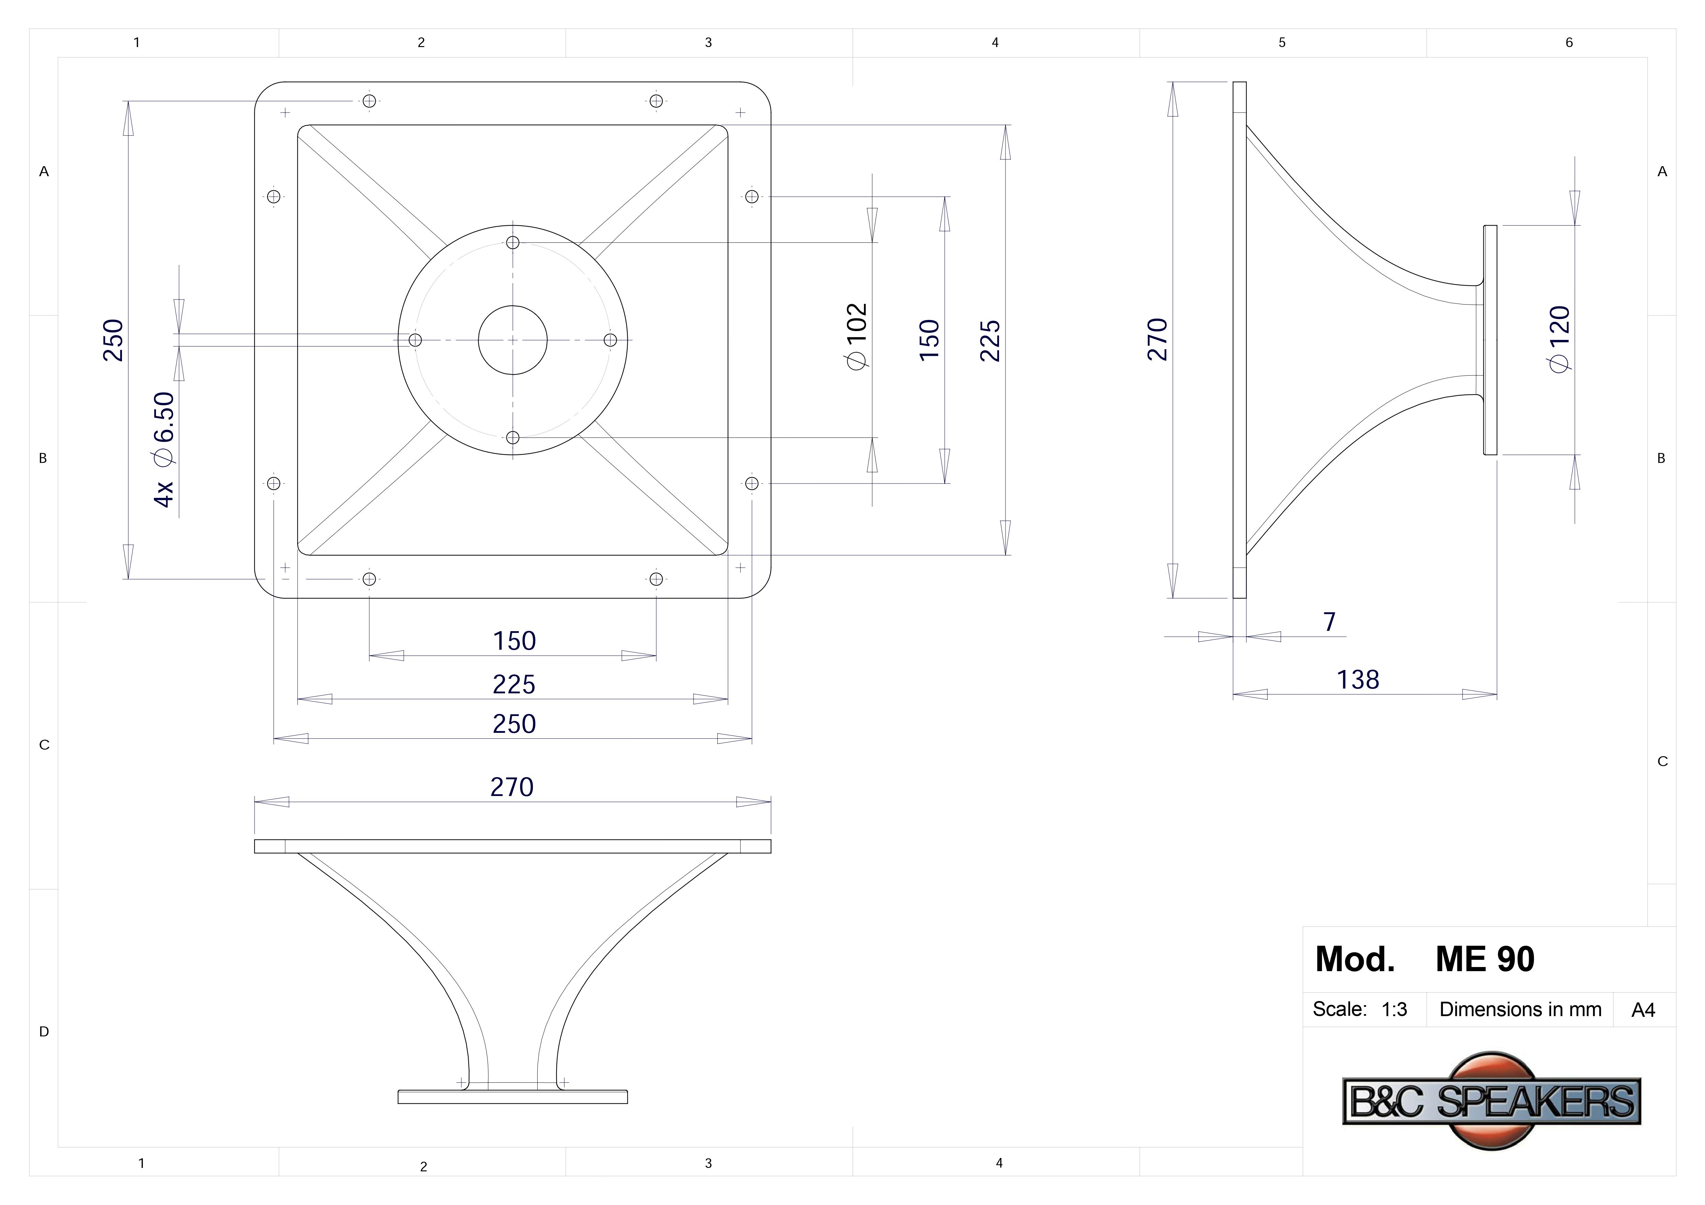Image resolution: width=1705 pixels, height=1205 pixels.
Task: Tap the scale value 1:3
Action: pos(1394,1010)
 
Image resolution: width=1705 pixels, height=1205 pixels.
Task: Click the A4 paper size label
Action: pos(1642,1011)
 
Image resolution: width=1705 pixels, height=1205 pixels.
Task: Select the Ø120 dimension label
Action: pos(1559,339)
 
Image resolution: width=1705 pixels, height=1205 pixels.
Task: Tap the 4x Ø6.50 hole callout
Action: pos(164,449)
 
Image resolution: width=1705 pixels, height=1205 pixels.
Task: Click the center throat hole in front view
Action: pos(512,340)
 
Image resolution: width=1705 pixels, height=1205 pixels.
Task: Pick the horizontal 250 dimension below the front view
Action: pos(514,724)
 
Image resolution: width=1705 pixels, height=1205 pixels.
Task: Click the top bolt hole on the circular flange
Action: pos(512,242)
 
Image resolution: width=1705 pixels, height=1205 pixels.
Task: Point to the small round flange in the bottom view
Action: pos(512,1096)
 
